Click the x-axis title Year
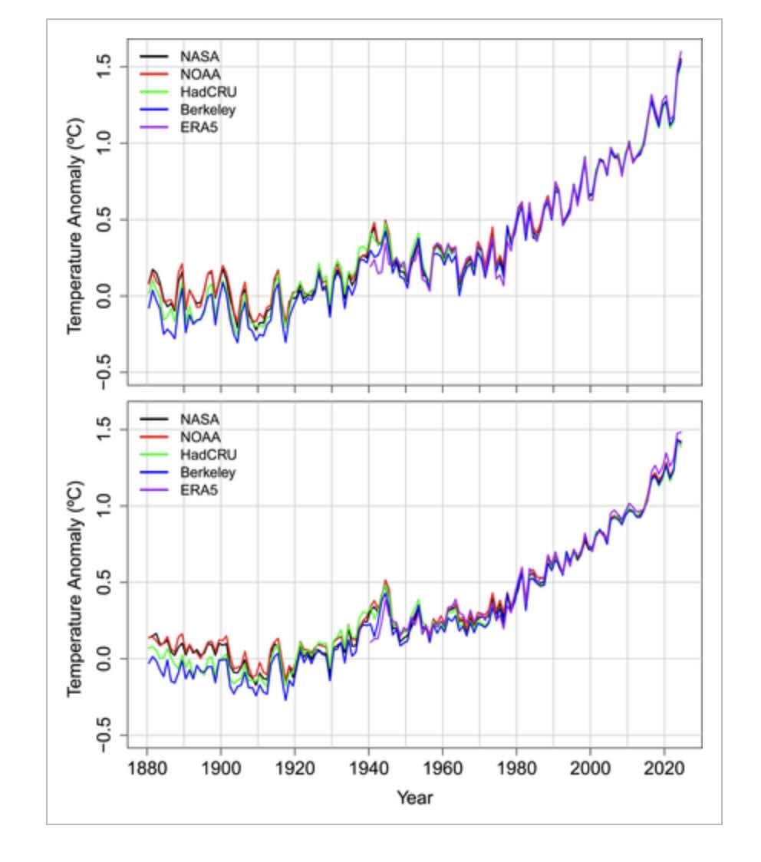click(x=415, y=798)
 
